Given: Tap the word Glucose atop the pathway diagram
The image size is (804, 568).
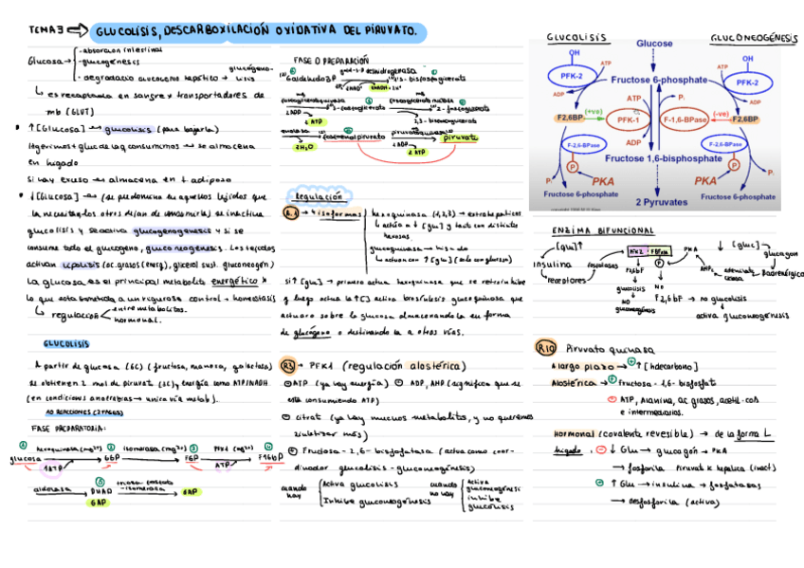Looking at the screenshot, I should (x=654, y=44).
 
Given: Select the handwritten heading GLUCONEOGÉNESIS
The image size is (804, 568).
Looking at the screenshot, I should (x=754, y=38).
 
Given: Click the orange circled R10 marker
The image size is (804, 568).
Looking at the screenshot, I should (x=545, y=347).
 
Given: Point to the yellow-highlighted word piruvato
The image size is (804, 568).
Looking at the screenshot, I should (x=460, y=137).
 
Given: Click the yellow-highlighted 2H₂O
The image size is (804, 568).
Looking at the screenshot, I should (x=304, y=147).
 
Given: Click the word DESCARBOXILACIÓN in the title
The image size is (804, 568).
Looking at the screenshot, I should (x=217, y=33).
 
